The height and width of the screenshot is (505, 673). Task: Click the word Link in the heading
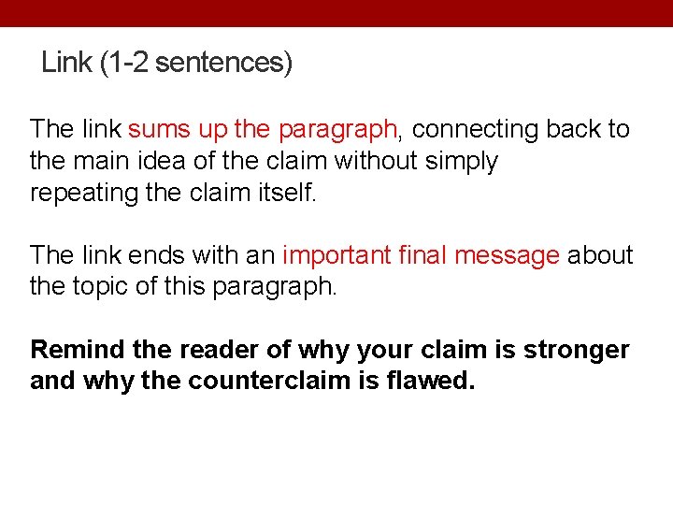tap(66, 63)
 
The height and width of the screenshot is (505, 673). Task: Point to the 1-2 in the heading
tap(127, 63)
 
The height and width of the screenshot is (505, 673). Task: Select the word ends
tap(158, 255)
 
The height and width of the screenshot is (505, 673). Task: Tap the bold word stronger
tap(577, 351)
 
